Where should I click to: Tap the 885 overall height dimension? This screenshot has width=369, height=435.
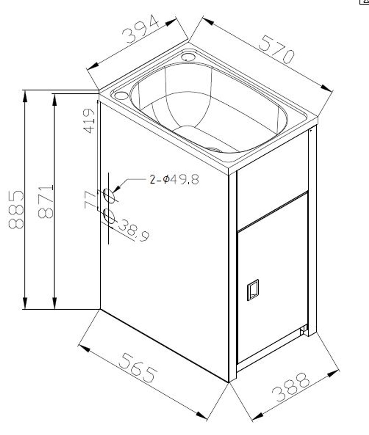click(x=16, y=209)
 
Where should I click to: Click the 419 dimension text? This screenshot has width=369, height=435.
click(x=89, y=121)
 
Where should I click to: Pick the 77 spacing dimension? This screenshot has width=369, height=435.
click(x=90, y=199)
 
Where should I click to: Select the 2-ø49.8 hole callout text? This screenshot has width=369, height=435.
click(x=174, y=179)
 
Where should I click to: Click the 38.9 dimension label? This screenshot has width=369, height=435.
click(x=133, y=230)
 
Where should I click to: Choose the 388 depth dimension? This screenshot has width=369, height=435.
click(x=291, y=387)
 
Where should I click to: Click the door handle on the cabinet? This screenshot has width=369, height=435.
click(x=253, y=290)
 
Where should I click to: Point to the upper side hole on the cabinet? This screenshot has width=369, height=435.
click(x=109, y=196)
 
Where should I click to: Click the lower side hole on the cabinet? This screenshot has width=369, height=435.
click(x=109, y=216)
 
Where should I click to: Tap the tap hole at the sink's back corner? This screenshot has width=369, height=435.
click(x=188, y=56)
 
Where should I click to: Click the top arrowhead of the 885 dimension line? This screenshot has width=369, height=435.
click(x=25, y=95)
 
